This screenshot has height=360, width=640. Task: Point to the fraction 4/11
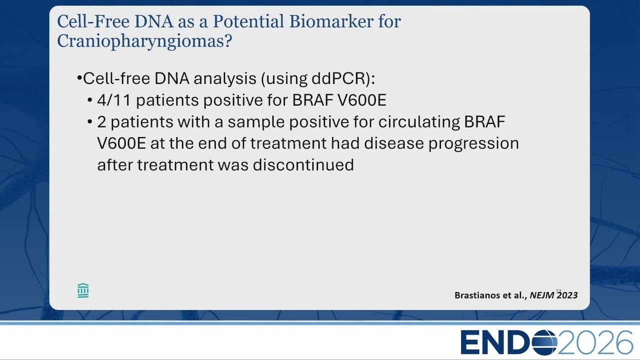(114, 100)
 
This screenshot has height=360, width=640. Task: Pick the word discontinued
(303, 165)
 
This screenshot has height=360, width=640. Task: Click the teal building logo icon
(83, 291)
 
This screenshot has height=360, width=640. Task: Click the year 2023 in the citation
(567, 295)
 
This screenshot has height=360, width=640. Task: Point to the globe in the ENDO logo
(544, 342)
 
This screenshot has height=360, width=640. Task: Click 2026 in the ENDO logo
(595, 342)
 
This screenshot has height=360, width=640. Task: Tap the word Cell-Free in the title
(93, 21)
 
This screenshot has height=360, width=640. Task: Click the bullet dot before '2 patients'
(90, 122)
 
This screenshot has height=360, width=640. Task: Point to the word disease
(394, 143)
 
